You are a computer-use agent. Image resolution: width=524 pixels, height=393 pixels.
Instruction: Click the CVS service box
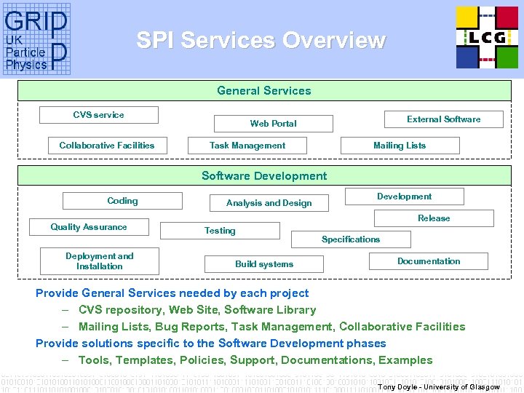coord(98,115)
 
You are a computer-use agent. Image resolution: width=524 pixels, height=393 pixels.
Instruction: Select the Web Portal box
coord(273,124)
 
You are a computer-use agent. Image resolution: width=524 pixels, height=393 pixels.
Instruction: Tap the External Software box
coord(443,119)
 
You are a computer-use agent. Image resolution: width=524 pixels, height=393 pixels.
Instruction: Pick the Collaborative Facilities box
coord(107,146)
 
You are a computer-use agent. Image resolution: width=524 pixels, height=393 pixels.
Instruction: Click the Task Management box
coord(247,146)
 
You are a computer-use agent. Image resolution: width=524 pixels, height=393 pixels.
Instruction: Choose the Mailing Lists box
coord(400,146)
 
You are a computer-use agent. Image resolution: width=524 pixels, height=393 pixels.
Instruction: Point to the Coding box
coord(122,201)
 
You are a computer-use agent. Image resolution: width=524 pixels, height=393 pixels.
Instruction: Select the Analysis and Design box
coord(269,203)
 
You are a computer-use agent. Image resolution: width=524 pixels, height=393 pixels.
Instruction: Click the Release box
coord(434,218)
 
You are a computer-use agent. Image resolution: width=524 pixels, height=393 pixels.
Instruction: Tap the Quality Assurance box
coord(89,227)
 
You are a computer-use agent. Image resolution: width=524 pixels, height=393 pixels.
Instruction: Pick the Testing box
coord(220,231)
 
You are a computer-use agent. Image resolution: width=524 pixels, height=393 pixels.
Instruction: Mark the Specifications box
coord(351,239)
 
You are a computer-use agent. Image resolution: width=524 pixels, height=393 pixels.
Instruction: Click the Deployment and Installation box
coord(100,261)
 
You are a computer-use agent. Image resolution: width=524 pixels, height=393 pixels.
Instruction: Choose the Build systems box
coord(264,264)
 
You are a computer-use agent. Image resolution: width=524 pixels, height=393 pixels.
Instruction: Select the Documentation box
coord(429,261)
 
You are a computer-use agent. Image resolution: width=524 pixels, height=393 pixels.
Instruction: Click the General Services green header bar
coord(263,91)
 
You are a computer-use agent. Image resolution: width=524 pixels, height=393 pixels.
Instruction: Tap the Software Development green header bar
coord(263,176)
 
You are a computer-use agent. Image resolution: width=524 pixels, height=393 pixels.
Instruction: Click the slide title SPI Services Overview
coord(261,40)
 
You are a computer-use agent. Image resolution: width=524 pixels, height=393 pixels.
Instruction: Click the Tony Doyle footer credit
coord(438,386)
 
